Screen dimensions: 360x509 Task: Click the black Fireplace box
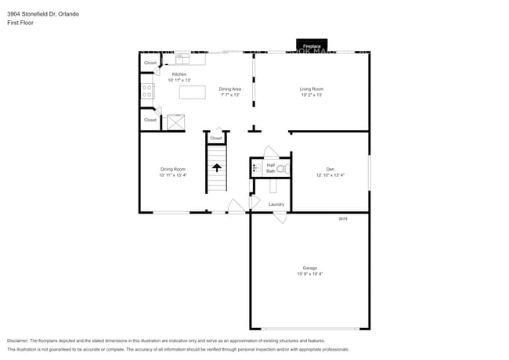(312, 46)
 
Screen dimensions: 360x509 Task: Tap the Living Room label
(311, 89)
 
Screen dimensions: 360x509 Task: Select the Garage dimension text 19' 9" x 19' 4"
(310, 274)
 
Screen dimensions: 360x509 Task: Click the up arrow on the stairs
(216, 167)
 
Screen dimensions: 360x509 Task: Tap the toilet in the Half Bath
(282, 167)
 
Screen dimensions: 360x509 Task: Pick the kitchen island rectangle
(192, 92)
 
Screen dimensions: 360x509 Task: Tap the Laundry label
(276, 204)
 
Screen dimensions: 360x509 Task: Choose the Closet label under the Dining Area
(216, 139)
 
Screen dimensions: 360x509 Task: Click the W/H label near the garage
(342, 218)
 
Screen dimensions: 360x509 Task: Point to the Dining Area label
(229, 89)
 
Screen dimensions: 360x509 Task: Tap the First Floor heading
(21, 23)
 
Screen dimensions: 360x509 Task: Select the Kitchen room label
(179, 74)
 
